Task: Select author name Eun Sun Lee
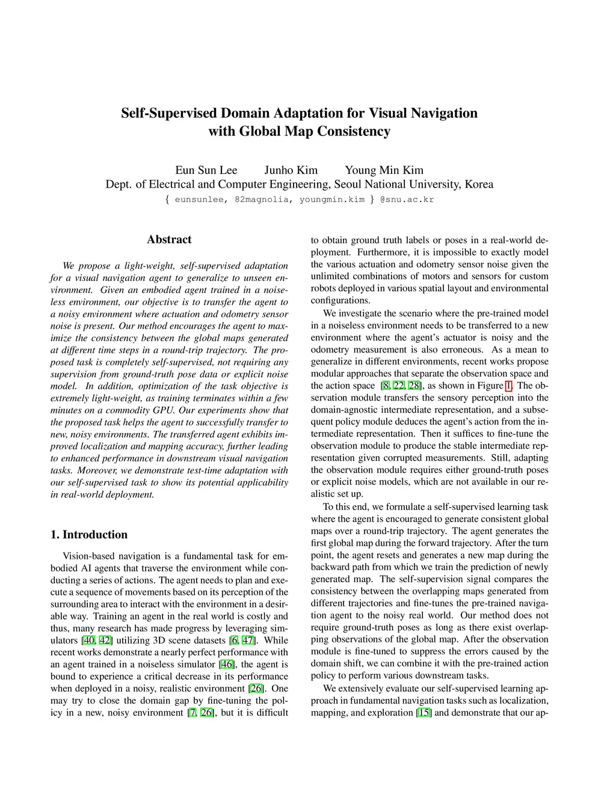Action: (206, 170)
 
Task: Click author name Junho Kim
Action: (291, 170)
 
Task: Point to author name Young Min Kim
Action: (384, 170)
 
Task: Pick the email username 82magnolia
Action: (261, 200)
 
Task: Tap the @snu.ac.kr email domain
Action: (407, 200)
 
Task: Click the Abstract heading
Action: (169, 239)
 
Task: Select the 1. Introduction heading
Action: (89, 535)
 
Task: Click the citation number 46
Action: (227, 665)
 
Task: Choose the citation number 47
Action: (247, 641)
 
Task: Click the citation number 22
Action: (398, 386)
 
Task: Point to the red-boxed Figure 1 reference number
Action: (508, 386)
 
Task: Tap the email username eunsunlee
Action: (200, 200)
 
